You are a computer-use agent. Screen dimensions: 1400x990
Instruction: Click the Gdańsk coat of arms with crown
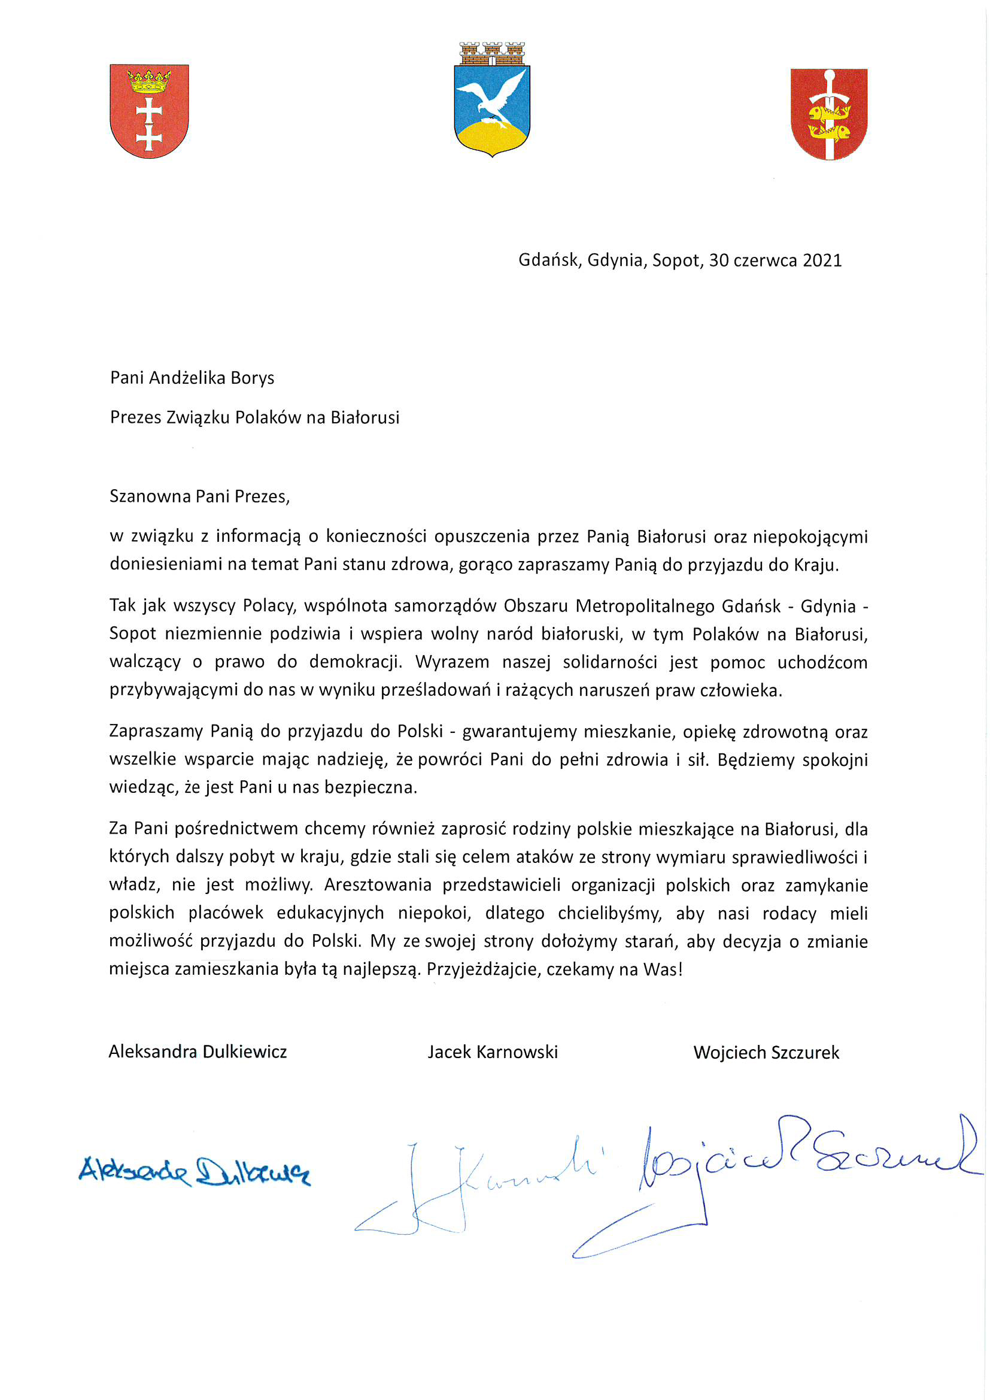tap(149, 111)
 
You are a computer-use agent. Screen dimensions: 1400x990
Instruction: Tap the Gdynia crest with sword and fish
tap(828, 114)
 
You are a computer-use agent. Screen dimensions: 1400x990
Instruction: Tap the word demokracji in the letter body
tap(356, 662)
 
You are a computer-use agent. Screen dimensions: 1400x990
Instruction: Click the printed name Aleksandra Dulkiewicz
tap(198, 1052)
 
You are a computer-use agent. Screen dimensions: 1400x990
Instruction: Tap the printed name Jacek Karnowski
tap(493, 1052)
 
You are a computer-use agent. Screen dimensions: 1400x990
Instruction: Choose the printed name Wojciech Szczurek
tap(766, 1053)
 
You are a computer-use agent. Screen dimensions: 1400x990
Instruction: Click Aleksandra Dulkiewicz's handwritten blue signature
tap(194, 1171)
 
